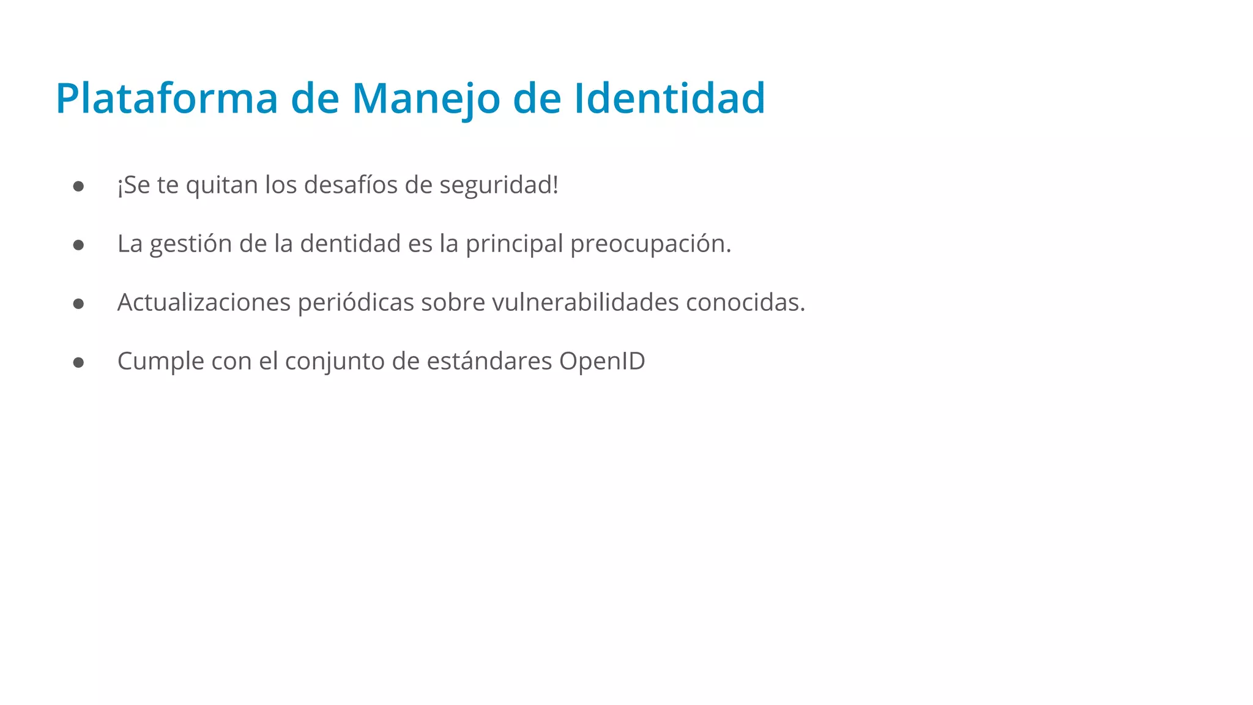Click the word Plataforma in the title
coord(166,99)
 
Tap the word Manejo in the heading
coord(426,99)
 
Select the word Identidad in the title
coord(669,99)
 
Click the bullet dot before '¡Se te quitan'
coord(78,186)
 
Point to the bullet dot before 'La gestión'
coord(78,245)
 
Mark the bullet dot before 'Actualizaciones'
coord(78,304)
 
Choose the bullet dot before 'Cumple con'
coord(78,362)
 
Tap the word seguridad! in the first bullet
coord(499,185)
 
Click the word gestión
coord(191,244)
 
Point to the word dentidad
coord(350,244)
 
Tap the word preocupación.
coord(650,244)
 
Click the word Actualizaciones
coord(204,302)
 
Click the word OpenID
coord(602,361)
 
